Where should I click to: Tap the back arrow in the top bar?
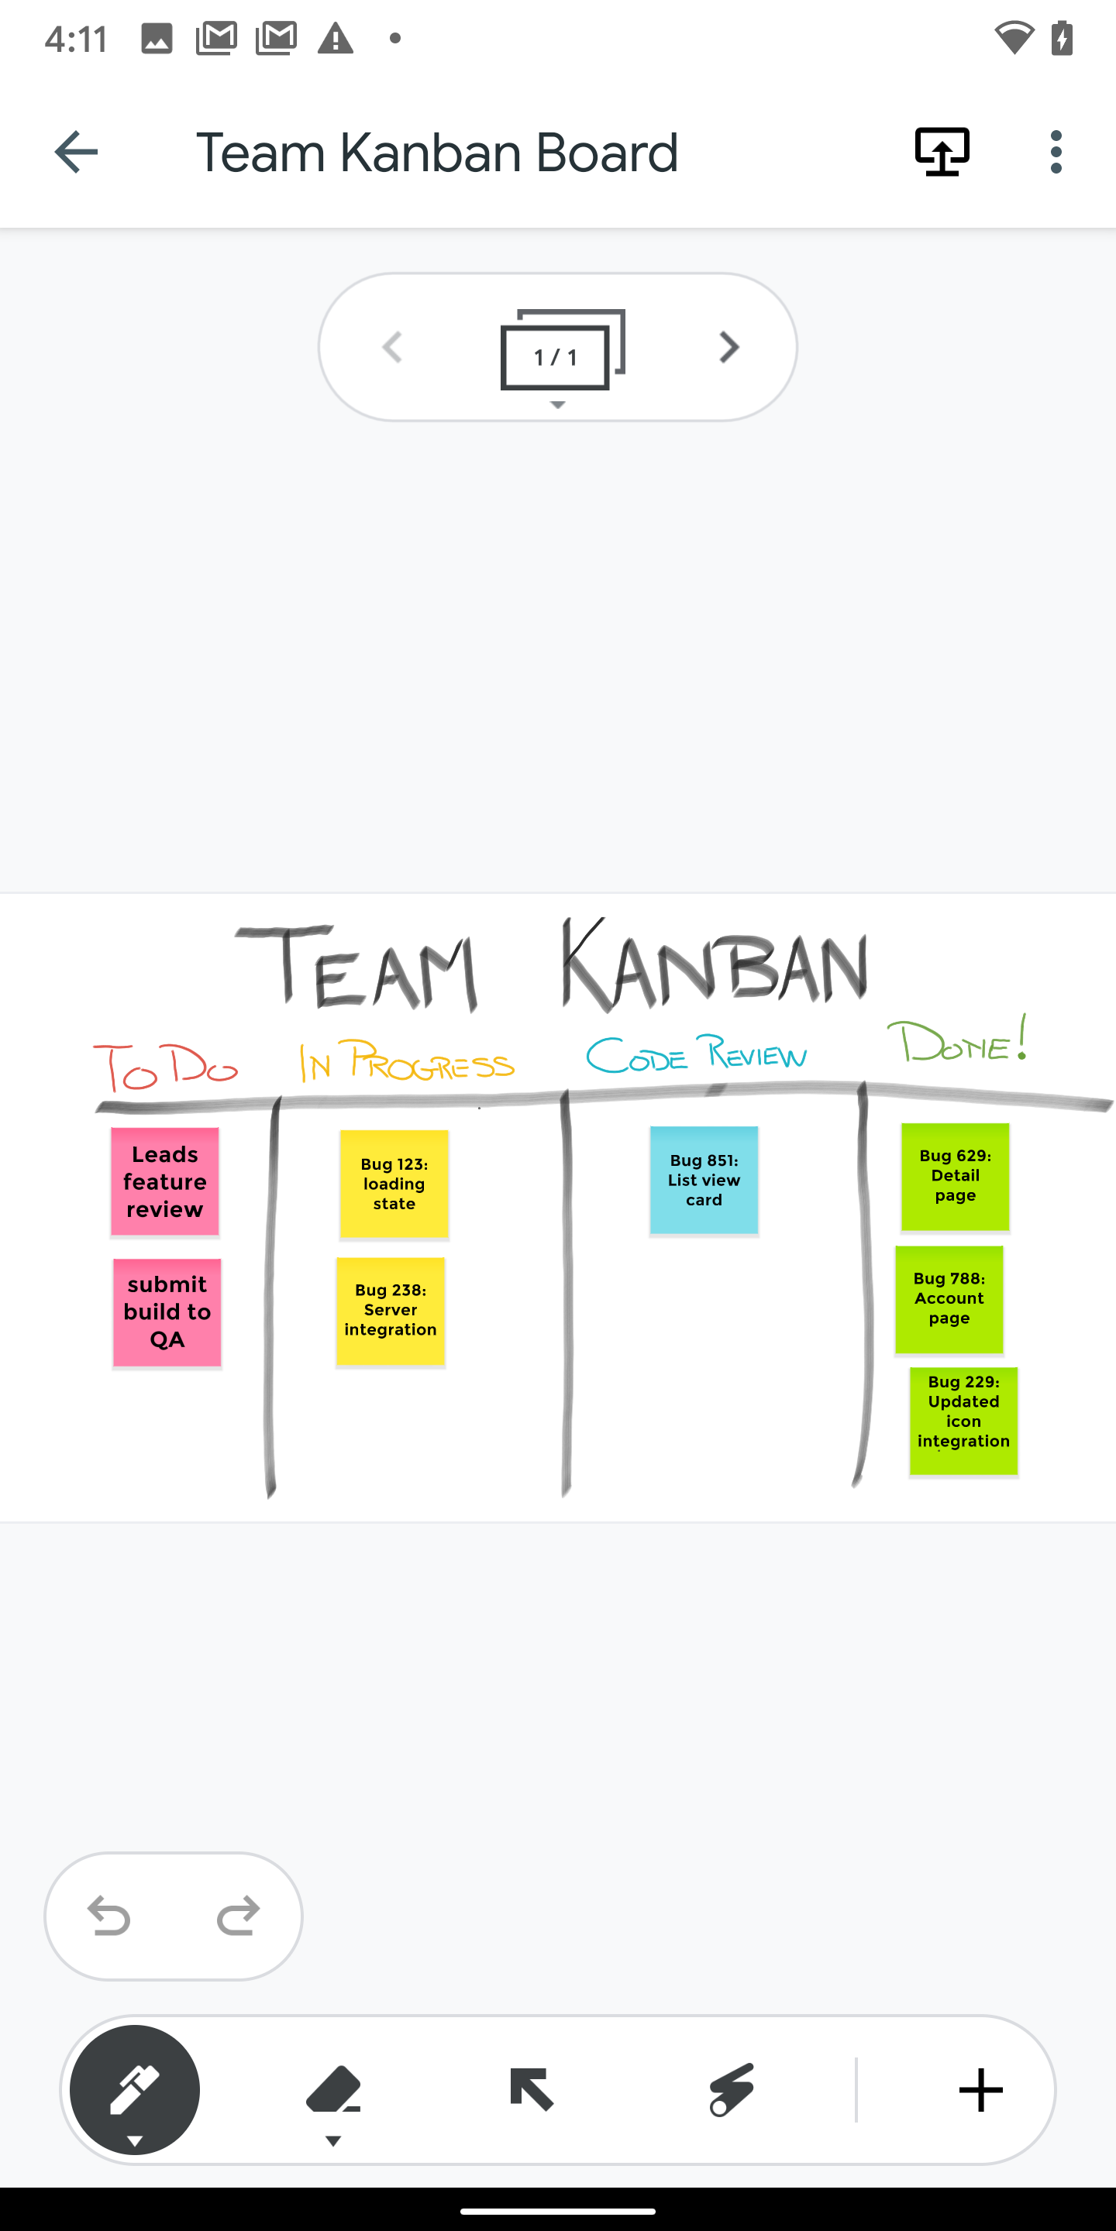click(75, 153)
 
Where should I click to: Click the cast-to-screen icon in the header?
click(942, 153)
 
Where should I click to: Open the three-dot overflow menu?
click(1056, 153)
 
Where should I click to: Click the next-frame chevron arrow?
click(728, 347)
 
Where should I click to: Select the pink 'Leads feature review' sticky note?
click(164, 1181)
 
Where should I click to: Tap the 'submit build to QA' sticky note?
click(167, 1312)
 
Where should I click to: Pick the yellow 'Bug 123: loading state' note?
click(394, 1184)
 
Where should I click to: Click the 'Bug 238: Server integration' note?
click(391, 1311)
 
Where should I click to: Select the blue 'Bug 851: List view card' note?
click(704, 1181)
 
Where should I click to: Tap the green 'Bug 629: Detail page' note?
click(956, 1176)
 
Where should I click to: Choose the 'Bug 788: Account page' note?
click(949, 1299)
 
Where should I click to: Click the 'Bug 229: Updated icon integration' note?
click(963, 1421)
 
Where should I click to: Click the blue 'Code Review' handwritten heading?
click(697, 1054)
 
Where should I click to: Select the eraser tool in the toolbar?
click(333, 2094)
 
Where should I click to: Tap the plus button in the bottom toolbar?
click(981, 2091)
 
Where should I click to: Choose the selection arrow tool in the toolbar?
click(531, 2089)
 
